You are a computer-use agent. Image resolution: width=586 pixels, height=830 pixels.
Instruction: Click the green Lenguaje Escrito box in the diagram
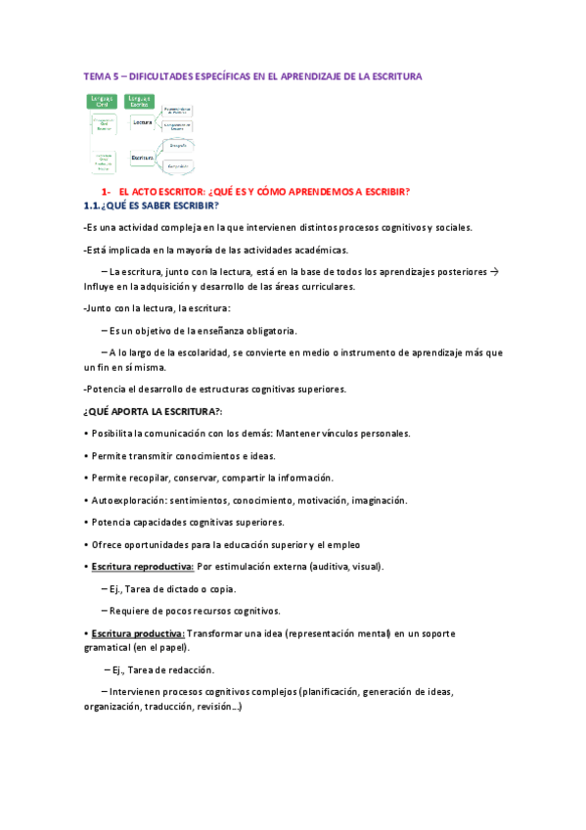pos(140,101)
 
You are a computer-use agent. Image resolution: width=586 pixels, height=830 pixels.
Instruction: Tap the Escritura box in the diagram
pos(145,156)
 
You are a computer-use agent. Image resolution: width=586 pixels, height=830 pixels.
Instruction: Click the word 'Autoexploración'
pos(127,500)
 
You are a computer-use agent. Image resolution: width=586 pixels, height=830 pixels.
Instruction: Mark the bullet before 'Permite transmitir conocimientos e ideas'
pos(86,456)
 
